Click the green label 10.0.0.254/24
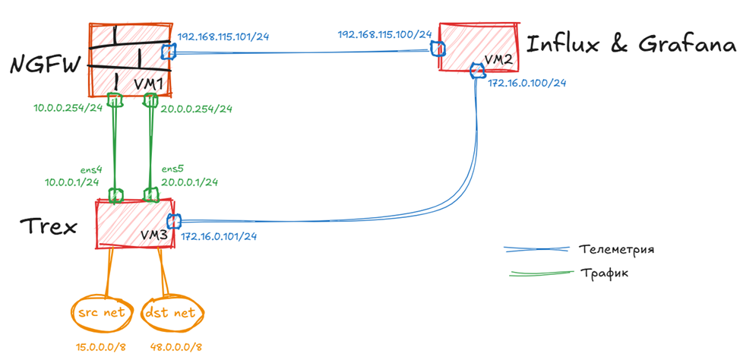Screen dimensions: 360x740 click(x=67, y=109)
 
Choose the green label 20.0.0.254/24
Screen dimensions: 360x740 click(x=197, y=109)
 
